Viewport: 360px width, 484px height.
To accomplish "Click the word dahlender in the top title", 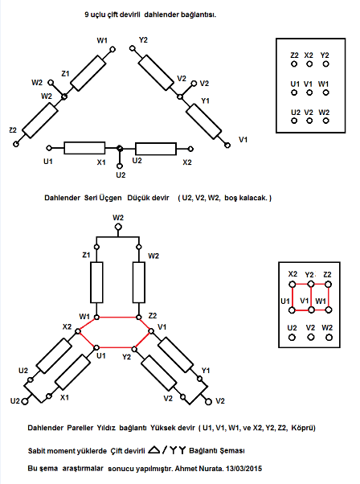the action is click(162, 14).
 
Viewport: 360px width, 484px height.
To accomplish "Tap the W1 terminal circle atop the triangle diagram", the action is click(113, 49).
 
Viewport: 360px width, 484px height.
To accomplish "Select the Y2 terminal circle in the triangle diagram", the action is click(133, 48).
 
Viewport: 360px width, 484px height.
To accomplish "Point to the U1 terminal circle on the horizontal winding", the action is click(49, 148).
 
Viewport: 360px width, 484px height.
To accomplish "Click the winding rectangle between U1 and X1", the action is click(84, 148).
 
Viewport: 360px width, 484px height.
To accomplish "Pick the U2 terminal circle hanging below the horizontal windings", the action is click(120, 166).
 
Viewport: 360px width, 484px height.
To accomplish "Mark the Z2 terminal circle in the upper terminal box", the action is click(294, 64).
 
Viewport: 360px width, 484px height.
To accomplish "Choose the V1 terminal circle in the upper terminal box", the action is click(309, 92).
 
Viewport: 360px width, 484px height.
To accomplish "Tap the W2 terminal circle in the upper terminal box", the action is click(325, 121).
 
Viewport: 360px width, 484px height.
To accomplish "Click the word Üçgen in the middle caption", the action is click(110, 198).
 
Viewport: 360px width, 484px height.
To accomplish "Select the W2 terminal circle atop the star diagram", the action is click(118, 228).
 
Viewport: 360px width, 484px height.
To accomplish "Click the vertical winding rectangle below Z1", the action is click(96, 282).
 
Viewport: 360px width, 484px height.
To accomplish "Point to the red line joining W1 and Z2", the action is click(117, 317).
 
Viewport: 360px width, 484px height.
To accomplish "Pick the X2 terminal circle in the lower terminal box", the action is click(292, 285).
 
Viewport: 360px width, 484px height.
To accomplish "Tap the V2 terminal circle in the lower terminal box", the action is click(311, 337).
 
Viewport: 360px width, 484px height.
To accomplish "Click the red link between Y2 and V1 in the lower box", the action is click(311, 297).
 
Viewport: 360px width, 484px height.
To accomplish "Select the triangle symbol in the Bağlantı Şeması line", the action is click(154, 450).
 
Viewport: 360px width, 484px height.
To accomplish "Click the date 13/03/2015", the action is click(243, 469).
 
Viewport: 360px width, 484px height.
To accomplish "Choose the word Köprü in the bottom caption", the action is click(305, 428).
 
